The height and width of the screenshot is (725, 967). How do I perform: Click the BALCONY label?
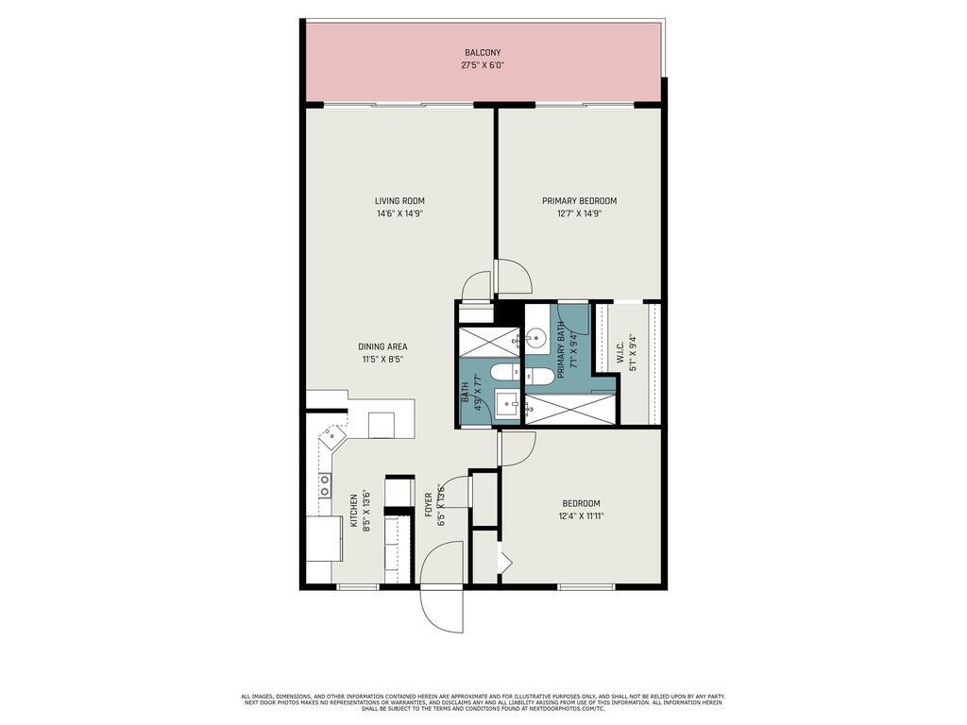pyautogui.click(x=482, y=53)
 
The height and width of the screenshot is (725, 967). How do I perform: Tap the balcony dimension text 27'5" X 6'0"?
pyautogui.click(x=482, y=66)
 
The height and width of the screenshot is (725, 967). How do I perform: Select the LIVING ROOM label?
pyautogui.click(x=399, y=201)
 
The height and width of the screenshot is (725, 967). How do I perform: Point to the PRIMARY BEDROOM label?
pyautogui.click(x=579, y=201)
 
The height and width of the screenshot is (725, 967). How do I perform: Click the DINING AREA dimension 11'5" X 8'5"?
pyautogui.click(x=382, y=360)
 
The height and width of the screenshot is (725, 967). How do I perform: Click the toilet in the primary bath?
pyautogui.click(x=539, y=377)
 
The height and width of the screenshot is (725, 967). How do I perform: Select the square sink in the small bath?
pyautogui.click(x=508, y=406)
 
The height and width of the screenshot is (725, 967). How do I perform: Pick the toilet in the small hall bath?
pyautogui.click(x=502, y=373)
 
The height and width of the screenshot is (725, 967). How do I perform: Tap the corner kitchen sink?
pyautogui.click(x=331, y=437)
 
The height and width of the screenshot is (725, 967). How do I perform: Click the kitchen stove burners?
pyautogui.click(x=324, y=485)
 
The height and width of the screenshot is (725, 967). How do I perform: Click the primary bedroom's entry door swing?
pyautogui.click(x=515, y=277)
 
